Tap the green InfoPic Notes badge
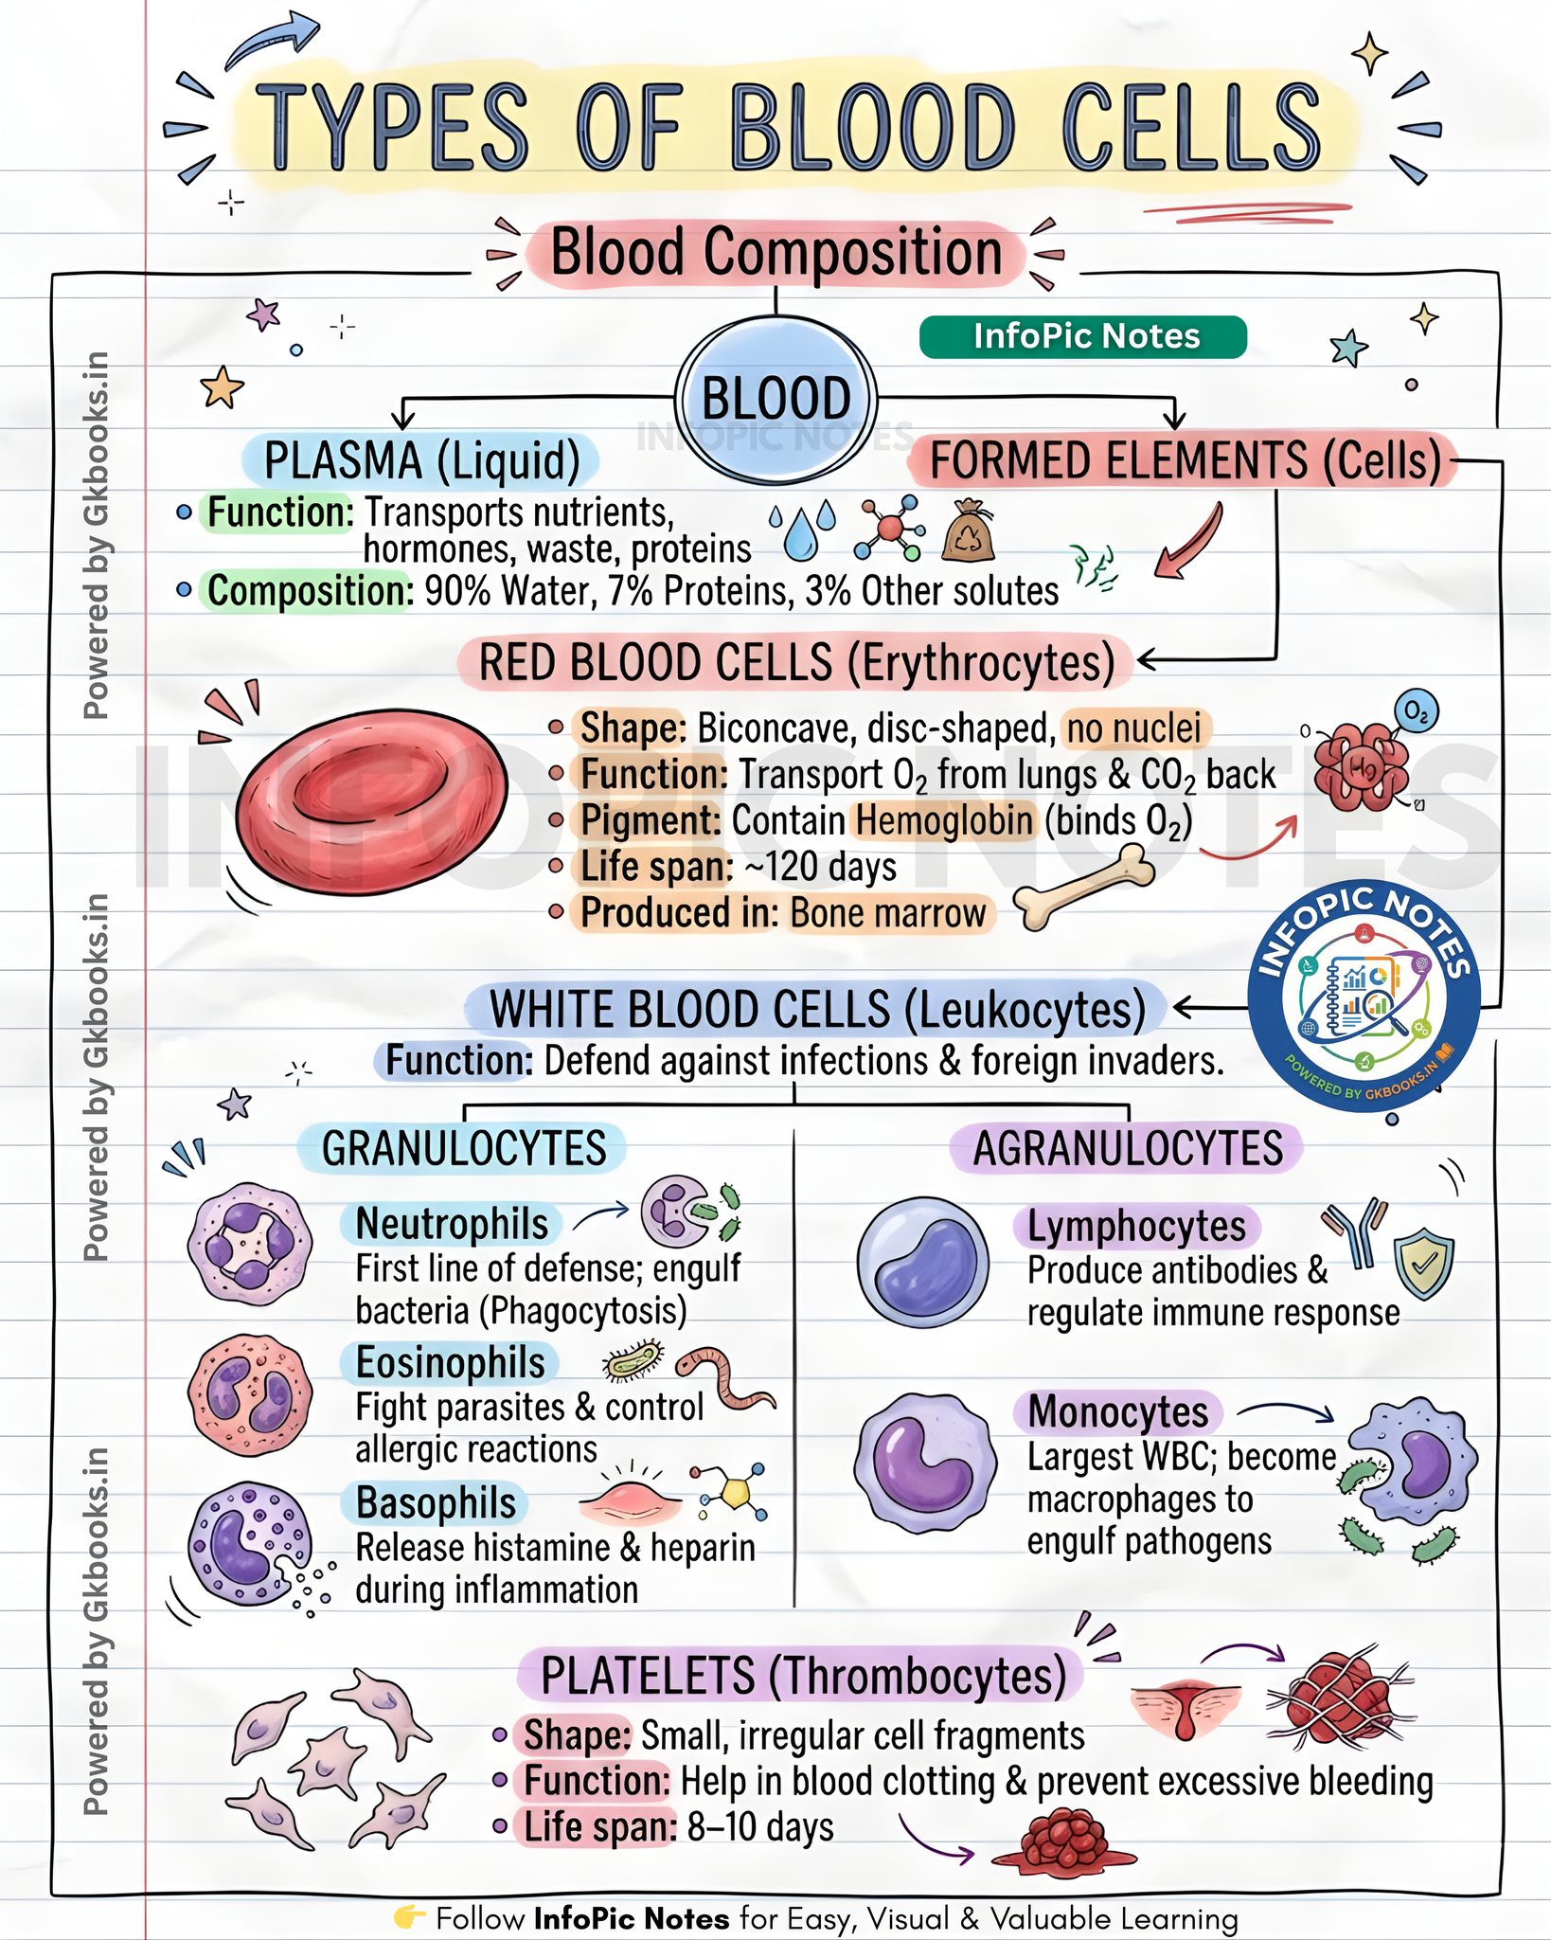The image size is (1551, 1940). click(x=1083, y=337)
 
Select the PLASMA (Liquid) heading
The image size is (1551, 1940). click(x=421, y=460)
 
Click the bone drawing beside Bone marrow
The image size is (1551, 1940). click(x=1084, y=886)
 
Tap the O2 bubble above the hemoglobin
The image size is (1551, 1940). click(x=1416, y=710)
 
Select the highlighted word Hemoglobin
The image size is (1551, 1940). click(x=943, y=820)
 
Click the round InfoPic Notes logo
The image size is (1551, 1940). click(x=1364, y=997)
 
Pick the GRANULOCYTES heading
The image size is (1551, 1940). click(x=463, y=1148)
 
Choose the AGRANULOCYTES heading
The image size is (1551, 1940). click(x=1127, y=1148)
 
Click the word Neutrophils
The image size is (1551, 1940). click(x=452, y=1223)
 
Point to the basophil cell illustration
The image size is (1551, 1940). click(x=251, y=1545)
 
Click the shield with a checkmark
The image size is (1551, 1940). click(x=1423, y=1263)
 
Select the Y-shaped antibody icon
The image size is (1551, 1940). click(x=1356, y=1234)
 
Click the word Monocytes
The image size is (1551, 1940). click(x=1117, y=1411)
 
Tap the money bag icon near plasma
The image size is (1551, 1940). click(x=969, y=530)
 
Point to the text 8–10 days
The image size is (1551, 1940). click(x=760, y=1827)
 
